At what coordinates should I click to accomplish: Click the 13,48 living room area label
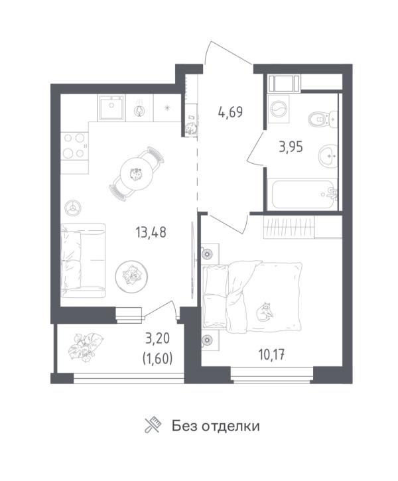151,232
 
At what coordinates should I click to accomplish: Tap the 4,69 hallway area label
230,111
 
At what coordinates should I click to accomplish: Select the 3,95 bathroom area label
291,147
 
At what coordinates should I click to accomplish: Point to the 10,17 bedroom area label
272,355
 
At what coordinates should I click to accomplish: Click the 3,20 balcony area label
158,338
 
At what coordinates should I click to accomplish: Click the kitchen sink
111,107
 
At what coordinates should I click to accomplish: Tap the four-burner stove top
74,146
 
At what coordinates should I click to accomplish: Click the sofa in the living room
83,261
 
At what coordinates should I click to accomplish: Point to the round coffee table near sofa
131,277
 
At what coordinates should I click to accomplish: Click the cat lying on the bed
265,312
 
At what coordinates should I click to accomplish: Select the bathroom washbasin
328,157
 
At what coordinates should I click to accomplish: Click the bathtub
302,194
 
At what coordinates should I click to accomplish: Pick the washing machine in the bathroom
278,109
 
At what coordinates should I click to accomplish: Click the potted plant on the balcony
86,346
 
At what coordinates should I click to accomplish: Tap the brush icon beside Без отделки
153,425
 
